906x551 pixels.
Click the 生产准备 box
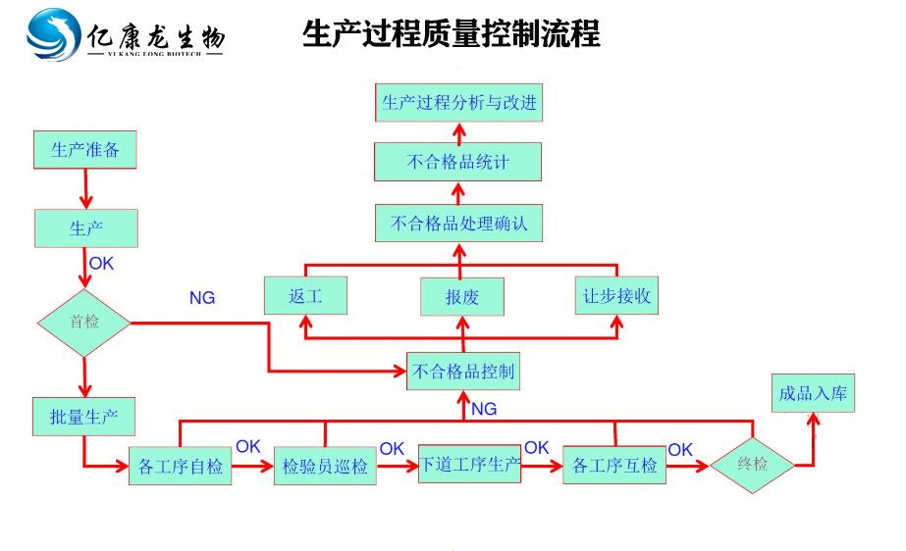(x=84, y=150)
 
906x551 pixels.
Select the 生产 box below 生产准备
(x=86, y=228)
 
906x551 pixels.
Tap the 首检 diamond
(x=84, y=322)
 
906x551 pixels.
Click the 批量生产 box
(x=83, y=416)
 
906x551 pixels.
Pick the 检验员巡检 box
(x=324, y=466)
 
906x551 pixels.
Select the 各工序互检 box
(x=614, y=465)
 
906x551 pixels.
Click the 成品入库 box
(x=812, y=393)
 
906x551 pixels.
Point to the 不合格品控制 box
(x=462, y=372)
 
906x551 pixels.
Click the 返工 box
(x=305, y=296)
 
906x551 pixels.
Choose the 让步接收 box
(x=616, y=295)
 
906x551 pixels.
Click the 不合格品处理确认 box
(x=458, y=224)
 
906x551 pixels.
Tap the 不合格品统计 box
(x=457, y=162)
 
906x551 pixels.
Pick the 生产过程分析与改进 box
(x=458, y=102)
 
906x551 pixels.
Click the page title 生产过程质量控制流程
(x=451, y=34)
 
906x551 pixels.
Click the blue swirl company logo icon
(x=54, y=35)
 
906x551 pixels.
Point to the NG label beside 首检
(x=202, y=298)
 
